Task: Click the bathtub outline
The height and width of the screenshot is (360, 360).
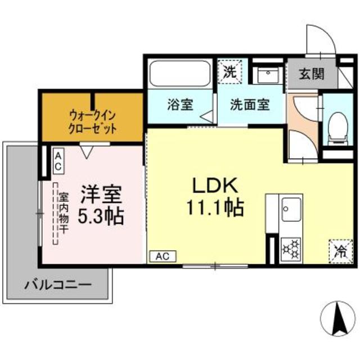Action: (179, 74)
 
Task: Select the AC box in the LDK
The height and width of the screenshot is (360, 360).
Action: (163, 256)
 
